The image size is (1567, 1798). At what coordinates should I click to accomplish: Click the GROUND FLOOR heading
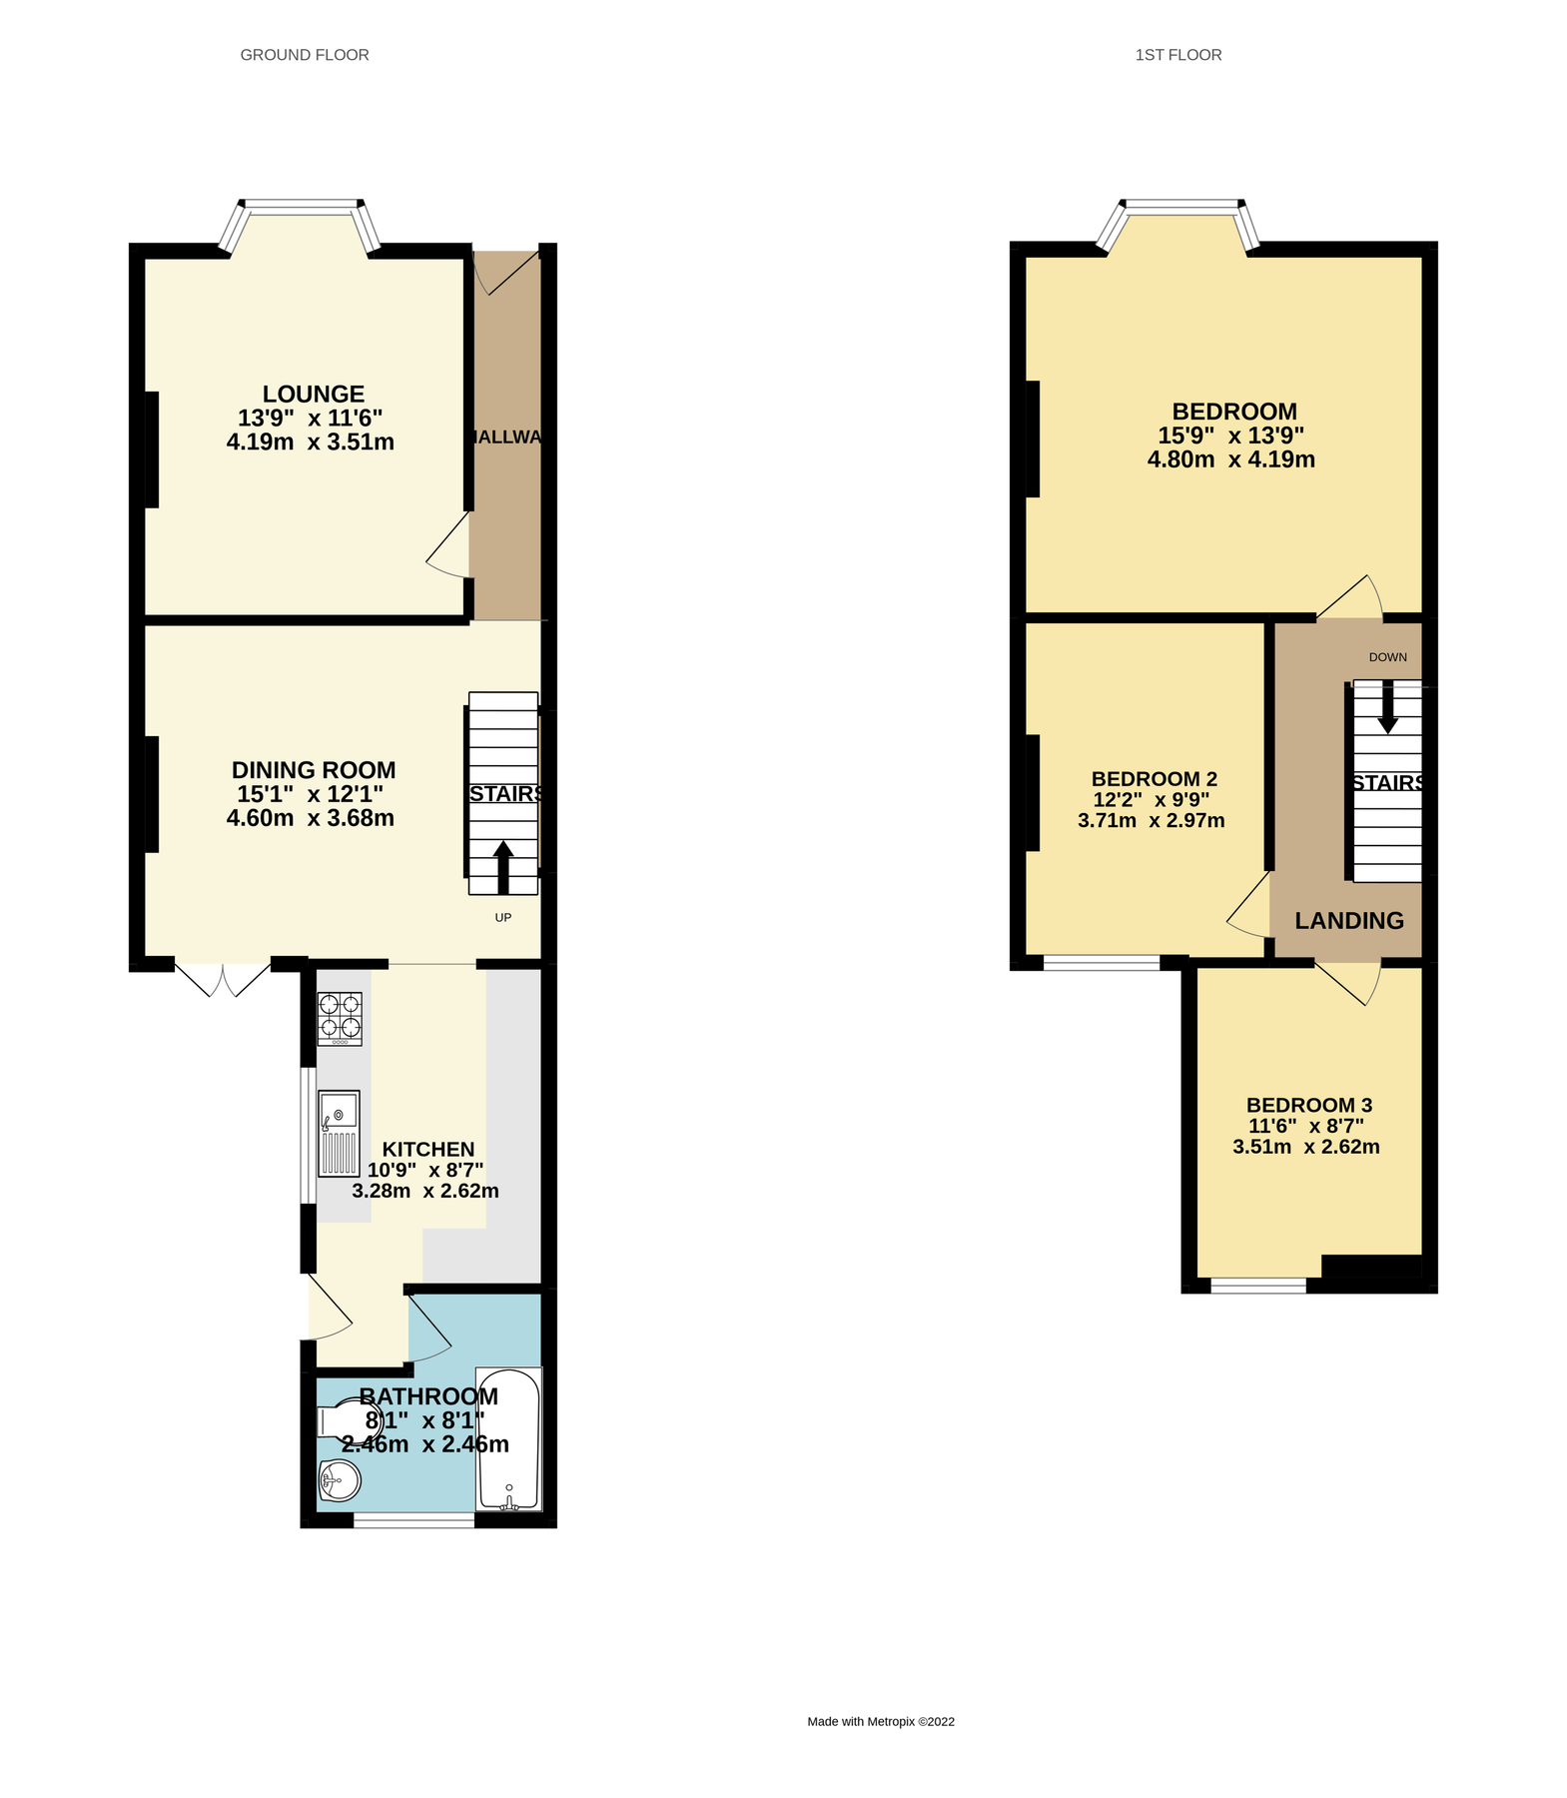305,55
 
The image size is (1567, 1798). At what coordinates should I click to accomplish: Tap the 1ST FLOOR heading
1177,55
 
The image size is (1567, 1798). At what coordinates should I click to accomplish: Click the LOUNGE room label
313,395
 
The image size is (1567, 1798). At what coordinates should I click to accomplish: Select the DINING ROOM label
314,770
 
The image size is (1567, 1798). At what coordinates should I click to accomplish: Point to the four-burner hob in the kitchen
340,1018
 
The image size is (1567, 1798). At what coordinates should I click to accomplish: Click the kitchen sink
339,1133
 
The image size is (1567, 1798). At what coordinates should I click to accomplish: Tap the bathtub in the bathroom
508,1437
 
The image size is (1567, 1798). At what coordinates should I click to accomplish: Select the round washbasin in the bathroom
340,1479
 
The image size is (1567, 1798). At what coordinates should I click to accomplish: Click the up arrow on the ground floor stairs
503,866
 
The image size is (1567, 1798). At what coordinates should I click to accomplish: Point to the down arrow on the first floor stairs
1387,708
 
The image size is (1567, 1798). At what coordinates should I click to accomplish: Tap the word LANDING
1349,921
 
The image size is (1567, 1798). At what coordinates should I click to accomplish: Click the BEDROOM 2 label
1154,779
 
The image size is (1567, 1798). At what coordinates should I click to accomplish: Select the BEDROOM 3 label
1308,1105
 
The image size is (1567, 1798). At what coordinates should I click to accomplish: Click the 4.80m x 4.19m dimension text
1230,459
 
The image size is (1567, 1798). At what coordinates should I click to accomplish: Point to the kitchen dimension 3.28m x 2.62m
425,1191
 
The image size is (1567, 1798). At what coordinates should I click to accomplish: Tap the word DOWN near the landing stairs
1387,657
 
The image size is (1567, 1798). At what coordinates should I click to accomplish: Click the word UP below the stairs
503,917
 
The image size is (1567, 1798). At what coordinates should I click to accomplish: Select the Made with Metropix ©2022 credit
881,1721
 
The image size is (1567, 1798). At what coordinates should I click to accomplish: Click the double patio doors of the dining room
224,978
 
